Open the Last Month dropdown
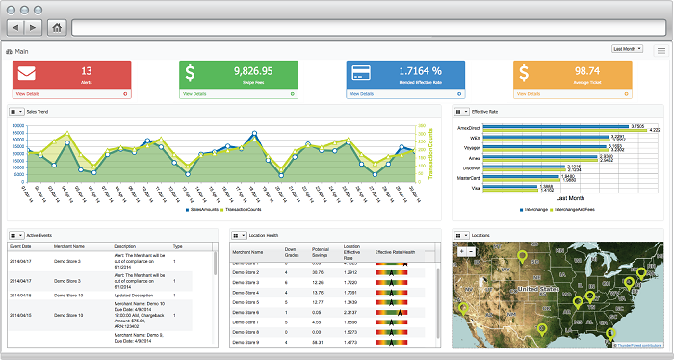pos(628,48)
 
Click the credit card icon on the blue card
pos(363,73)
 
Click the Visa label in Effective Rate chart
pos(476,190)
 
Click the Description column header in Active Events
pos(124,247)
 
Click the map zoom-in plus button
pos(461,251)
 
